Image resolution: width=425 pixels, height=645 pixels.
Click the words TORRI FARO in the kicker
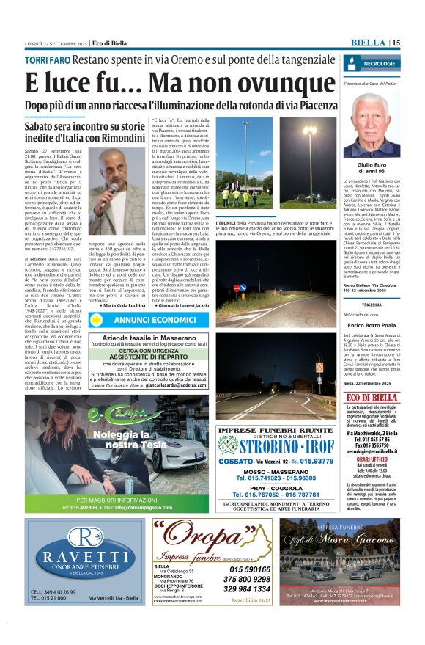[48, 59]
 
